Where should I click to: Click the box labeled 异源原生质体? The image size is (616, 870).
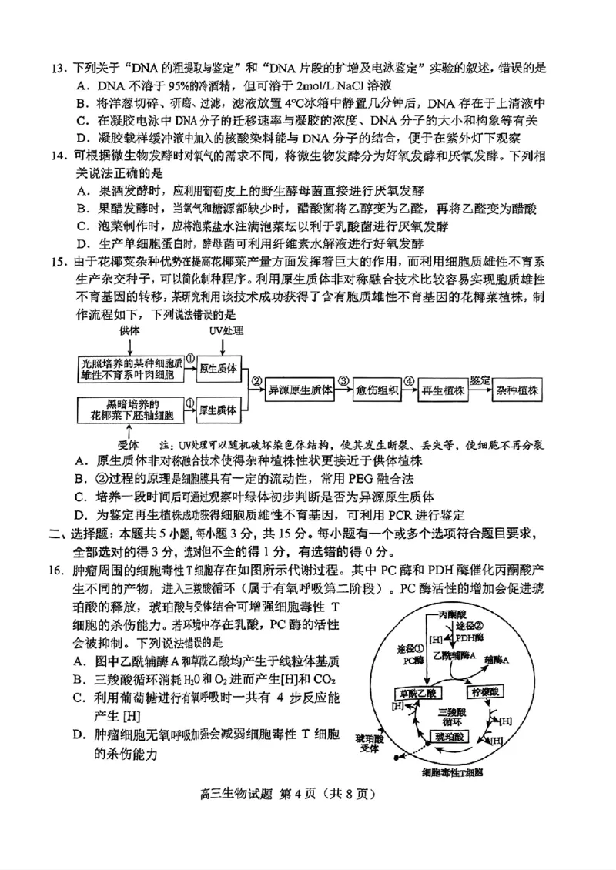coord(300,390)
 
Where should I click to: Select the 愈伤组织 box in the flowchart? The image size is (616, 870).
coord(378,390)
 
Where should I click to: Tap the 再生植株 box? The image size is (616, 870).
coord(443,390)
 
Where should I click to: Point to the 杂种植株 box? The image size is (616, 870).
coord(517,390)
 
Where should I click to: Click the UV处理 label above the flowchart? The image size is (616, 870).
coord(226,330)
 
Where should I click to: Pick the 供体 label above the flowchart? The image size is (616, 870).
coord(130,330)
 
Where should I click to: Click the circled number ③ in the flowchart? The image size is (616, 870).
coord(344,380)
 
